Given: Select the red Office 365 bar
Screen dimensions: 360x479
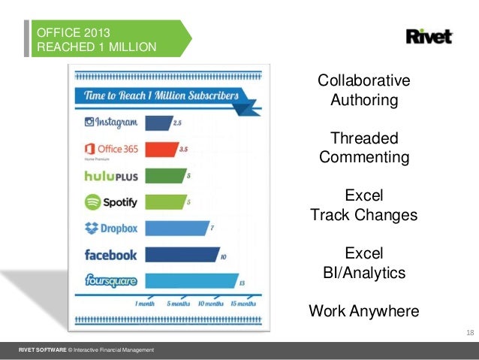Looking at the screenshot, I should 160,149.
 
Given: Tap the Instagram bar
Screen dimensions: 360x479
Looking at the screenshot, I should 158,123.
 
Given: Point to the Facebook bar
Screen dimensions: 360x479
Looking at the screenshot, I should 181,255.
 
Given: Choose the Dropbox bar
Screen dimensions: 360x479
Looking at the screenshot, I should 176,228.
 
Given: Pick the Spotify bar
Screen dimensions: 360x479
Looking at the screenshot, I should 165,201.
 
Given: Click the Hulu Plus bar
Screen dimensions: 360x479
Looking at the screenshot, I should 165,175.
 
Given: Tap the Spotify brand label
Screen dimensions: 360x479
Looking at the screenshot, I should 110,202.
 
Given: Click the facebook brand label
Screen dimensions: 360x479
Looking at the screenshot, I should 110,255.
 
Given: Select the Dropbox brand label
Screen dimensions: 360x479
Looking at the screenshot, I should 110,228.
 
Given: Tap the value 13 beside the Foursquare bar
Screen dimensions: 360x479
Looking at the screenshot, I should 241,283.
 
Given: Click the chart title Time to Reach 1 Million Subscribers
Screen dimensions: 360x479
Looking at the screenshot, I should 161,96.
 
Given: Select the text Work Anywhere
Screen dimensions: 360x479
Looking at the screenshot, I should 364,310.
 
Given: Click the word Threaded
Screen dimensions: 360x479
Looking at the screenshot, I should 364,139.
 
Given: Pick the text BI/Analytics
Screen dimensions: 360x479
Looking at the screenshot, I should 364,272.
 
